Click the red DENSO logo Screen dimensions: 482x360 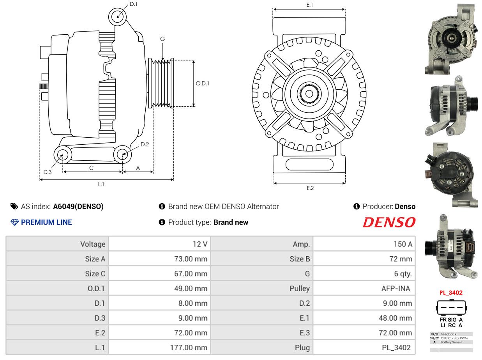click(x=389, y=222)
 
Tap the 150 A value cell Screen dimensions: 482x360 click(x=364, y=244)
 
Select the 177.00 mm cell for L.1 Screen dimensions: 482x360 click(x=159, y=348)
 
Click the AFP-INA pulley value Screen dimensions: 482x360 click(x=364, y=288)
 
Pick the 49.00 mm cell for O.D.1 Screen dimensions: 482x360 click(x=159, y=288)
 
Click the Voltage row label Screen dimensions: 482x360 click(x=93, y=244)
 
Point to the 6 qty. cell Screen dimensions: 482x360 click(x=364, y=274)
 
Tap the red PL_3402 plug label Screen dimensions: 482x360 click(x=451, y=293)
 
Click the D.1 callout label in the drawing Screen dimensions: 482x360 click(x=133, y=4)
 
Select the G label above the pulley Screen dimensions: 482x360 click(x=162, y=39)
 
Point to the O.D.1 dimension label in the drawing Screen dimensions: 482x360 click(x=202, y=83)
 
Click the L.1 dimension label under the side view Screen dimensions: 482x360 click(x=101, y=184)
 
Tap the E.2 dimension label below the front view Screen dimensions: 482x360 click(x=310, y=188)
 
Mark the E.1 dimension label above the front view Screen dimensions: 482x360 click(x=310, y=5)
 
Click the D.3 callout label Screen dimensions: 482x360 click(x=48, y=172)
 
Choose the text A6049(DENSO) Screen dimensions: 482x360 click(x=78, y=206)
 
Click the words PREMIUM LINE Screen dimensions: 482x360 click(x=46, y=222)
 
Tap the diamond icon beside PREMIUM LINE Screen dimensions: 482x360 click(x=14, y=222)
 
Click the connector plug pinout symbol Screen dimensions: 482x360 click(x=451, y=307)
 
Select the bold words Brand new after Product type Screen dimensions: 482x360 click(x=231, y=222)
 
